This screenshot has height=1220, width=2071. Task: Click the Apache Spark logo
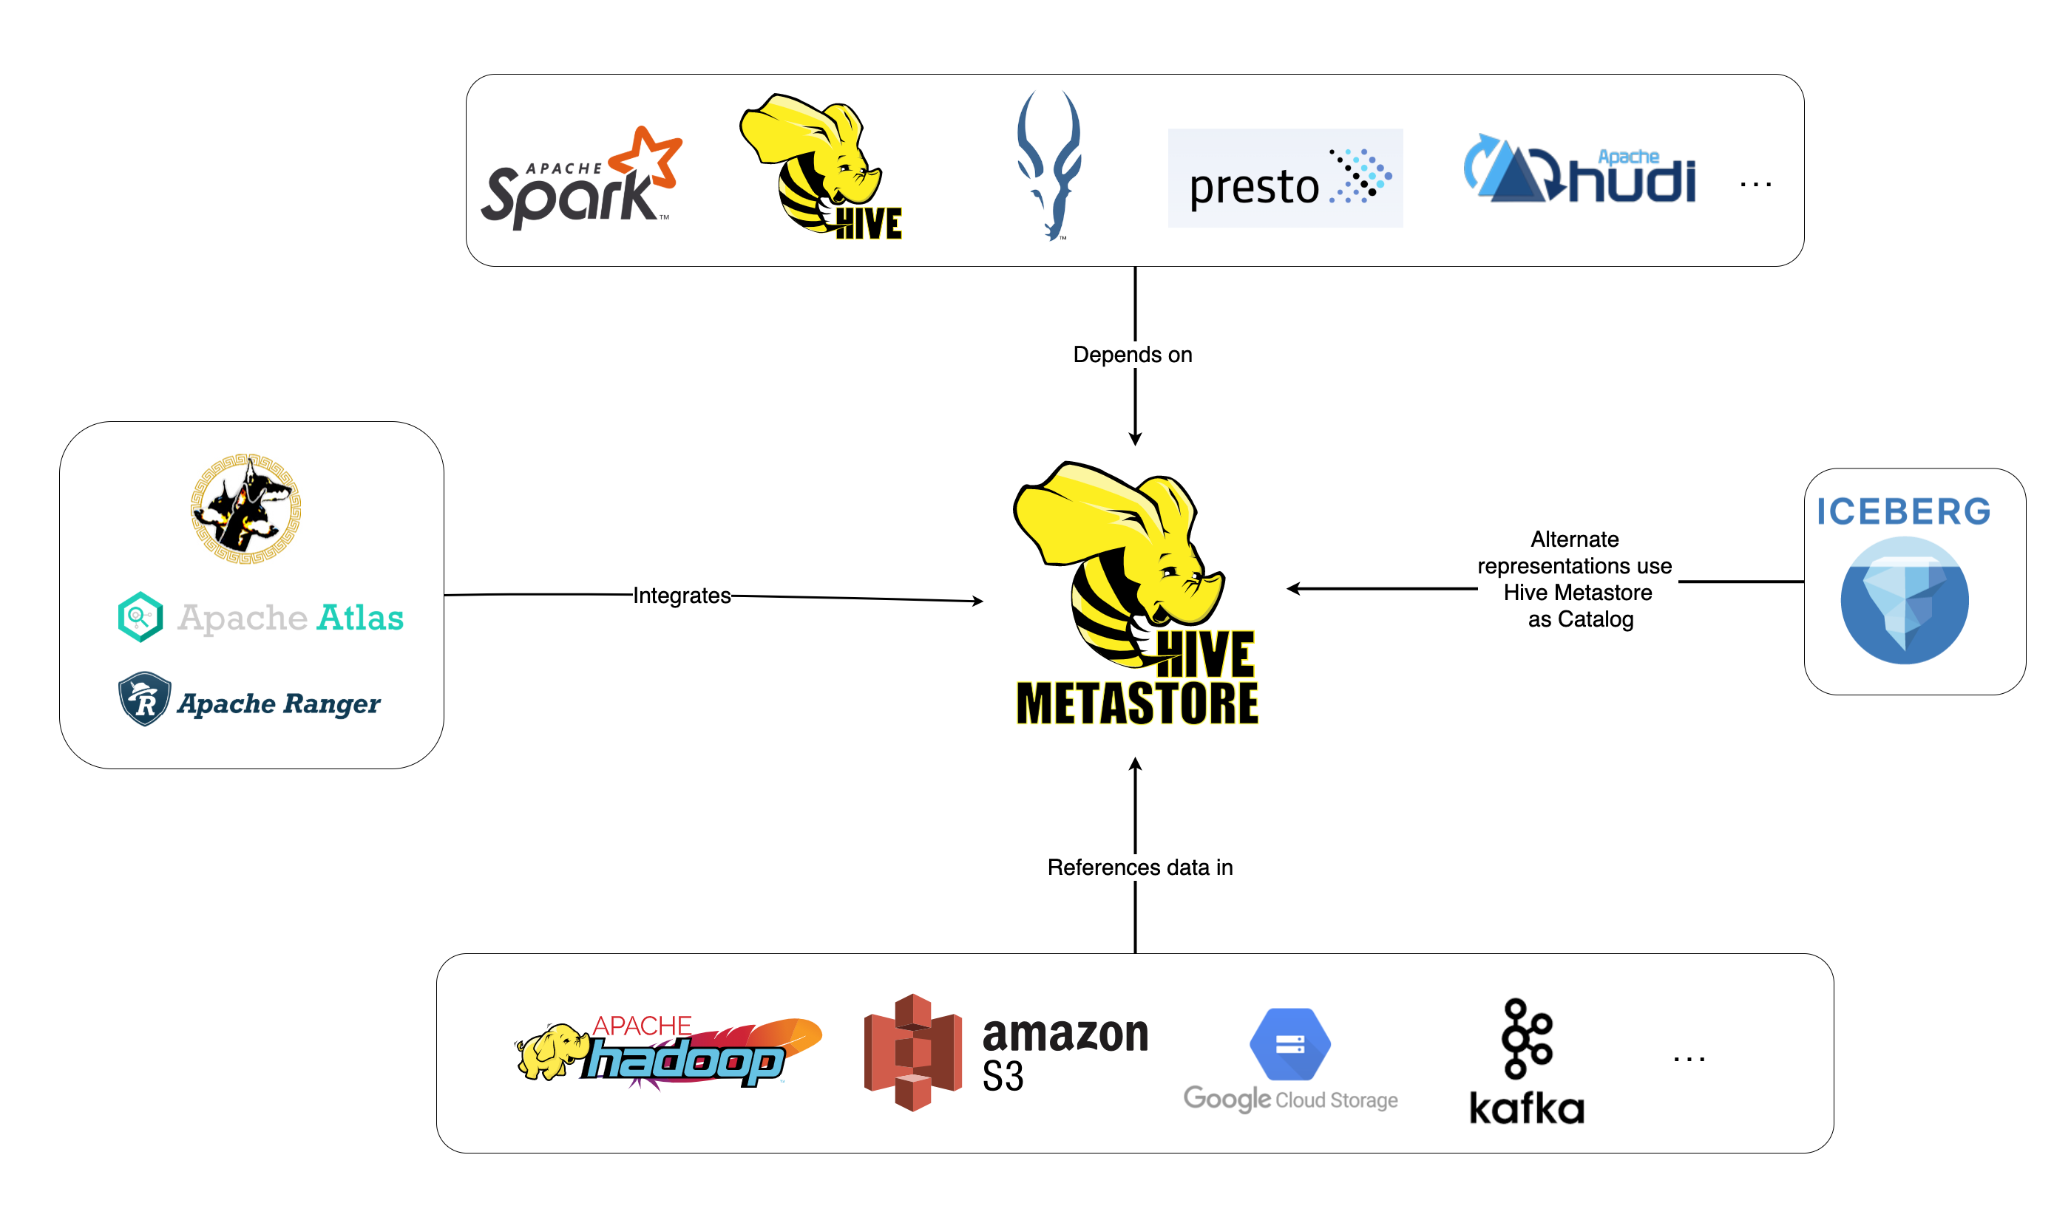click(x=580, y=181)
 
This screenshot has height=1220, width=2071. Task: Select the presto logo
click(x=1285, y=177)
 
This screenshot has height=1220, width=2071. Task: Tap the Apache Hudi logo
click(x=1579, y=171)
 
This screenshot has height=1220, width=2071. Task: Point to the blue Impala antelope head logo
click(x=1048, y=165)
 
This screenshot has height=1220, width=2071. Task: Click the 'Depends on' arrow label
click(x=1133, y=355)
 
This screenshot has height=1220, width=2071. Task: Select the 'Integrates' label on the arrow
click(x=681, y=595)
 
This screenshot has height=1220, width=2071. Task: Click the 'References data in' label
click(x=1139, y=868)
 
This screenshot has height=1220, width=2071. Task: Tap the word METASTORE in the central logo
click(x=1137, y=703)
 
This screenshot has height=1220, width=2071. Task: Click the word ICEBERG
click(x=1903, y=511)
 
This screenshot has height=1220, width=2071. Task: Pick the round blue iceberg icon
click(x=1904, y=600)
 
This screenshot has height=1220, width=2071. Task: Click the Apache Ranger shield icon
click(x=145, y=699)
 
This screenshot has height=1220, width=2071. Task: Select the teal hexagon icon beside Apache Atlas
click(x=140, y=616)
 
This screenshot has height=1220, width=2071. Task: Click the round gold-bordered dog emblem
click(x=246, y=508)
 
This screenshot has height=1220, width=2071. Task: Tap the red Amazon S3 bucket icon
click(x=913, y=1052)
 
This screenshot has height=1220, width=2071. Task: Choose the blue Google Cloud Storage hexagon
click(x=1289, y=1044)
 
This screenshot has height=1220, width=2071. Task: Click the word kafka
click(x=1527, y=1108)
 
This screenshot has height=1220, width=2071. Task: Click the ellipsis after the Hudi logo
click(x=1755, y=185)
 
